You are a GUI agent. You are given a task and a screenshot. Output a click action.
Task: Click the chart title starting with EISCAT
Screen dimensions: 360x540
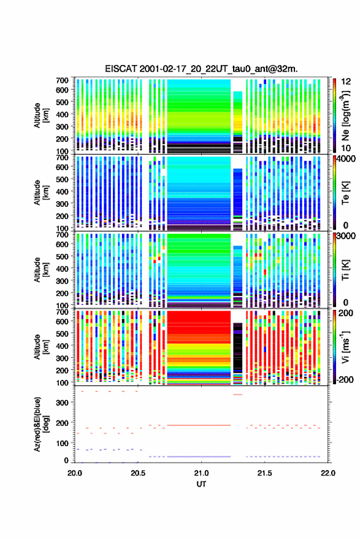pos(201,69)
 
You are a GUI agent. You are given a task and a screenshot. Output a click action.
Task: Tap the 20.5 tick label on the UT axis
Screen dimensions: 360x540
pos(138,473)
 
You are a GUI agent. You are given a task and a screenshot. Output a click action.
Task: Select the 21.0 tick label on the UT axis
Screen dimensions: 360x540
pos(201,473)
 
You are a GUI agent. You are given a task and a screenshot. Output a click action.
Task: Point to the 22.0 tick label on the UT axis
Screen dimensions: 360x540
pos(328,473)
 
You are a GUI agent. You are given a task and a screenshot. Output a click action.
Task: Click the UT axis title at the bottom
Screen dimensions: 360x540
pos(201,484)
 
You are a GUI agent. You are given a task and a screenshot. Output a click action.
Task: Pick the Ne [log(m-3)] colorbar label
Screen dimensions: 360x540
pos(345,116)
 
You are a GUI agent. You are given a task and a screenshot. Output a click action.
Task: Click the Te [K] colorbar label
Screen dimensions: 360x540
pos(345,193)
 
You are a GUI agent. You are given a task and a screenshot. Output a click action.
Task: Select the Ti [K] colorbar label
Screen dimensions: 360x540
pos(345,270)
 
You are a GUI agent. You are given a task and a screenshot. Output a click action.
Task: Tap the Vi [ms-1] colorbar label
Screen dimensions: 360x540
pos(345,347)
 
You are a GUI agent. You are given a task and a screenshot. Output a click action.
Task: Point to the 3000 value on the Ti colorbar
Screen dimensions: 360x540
pos(346,236)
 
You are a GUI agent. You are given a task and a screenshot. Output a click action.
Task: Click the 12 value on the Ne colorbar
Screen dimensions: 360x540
pos(346,82)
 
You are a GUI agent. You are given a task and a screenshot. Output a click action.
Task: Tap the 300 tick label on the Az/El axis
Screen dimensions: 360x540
pos(63,403)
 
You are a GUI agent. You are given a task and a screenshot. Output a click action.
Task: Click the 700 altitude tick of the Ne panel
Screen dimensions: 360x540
pos(63,80)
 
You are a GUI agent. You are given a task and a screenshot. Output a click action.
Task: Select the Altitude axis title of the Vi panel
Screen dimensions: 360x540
pos(41,347)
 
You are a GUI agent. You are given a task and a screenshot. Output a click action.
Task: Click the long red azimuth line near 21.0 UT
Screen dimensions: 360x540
pos(199,425)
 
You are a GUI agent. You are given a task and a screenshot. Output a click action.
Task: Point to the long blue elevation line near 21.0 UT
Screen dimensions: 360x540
pos(199,457)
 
